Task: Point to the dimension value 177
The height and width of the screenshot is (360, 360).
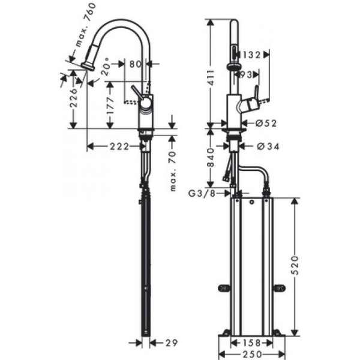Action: [110, 106]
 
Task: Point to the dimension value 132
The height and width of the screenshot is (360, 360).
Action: [252, 55]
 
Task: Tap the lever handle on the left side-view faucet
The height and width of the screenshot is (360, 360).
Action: [135, 92]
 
